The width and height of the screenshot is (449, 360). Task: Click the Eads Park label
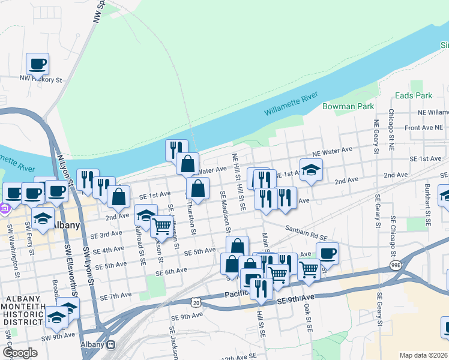tap(414, 95)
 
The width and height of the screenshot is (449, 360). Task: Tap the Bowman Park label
tap(348, 106)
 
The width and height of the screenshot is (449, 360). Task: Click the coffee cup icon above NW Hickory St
tap(38, 64)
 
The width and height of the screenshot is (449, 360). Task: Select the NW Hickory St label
tap(41, 79)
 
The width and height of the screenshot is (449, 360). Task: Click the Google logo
tap(20, 353)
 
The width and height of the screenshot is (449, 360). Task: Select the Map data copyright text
tap(423, 355)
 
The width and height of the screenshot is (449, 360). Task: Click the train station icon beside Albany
tap(110, 345)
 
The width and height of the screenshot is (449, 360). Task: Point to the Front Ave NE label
tap(423, 128)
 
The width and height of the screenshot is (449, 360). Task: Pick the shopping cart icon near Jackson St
tap(161, 226)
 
